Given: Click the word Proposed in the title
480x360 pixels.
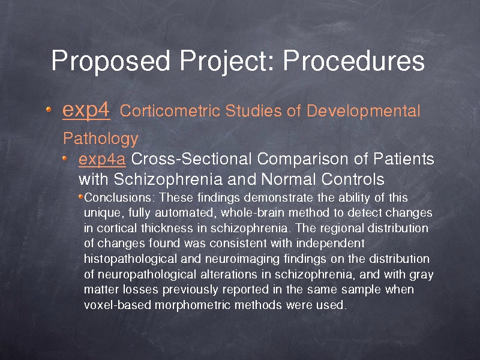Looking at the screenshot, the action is (x=110, y=61).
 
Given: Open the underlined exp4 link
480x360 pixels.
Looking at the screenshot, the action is (x=86, y=110).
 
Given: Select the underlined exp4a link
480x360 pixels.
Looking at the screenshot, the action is (x=102, y=160).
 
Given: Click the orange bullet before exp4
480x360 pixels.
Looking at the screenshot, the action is (x=49, y=109).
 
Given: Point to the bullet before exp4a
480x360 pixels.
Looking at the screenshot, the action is (x=65, y=158).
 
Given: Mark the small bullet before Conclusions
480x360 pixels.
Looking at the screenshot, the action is (x=81, y=196).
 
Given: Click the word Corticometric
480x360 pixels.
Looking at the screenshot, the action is (x=170, y=110).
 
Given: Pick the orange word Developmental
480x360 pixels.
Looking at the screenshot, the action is (x=363, y=112).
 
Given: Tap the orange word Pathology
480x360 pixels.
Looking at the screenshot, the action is (x=101, y=139).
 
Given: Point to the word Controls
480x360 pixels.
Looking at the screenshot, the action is (x=353, y=179).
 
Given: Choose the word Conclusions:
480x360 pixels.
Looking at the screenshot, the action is (x=118, y=197).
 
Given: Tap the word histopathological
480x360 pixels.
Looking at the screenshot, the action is (x=130, y=259).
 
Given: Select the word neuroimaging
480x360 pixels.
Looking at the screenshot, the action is (x=242, y=259).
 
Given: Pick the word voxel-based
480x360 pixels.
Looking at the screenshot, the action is (x=118, y=305).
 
